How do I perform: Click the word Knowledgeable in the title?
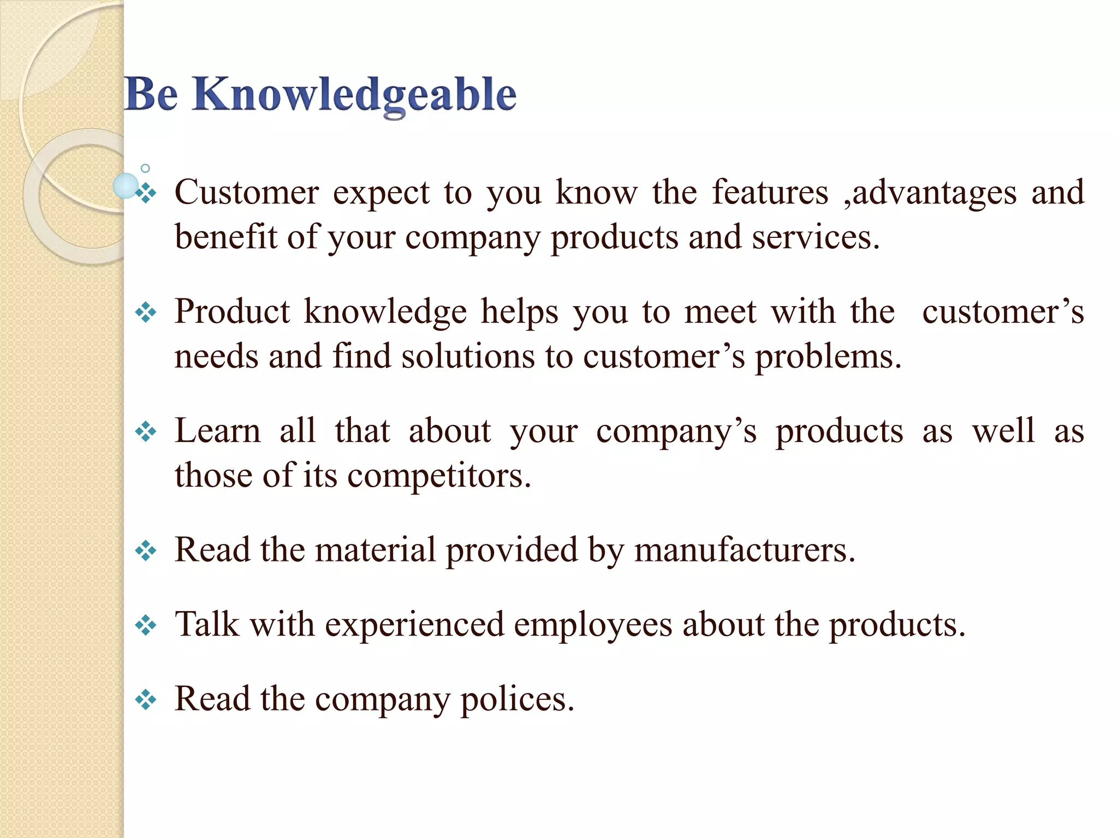(354, 95)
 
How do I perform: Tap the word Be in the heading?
(151, 94)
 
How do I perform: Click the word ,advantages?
(930, 194)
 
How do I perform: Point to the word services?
(816, 238)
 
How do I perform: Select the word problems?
(828, 357)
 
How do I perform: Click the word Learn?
(218, 430)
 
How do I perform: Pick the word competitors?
(439, 476)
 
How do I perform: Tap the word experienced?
(415, 625)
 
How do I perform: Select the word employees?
(593, 625)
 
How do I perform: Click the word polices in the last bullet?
(517, 699)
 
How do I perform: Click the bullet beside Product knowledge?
(146, 313)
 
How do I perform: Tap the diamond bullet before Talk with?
(146, 625)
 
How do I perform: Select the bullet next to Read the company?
(146, 699)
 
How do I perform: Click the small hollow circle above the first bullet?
(145, 168)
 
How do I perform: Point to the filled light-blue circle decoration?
(126, 185)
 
